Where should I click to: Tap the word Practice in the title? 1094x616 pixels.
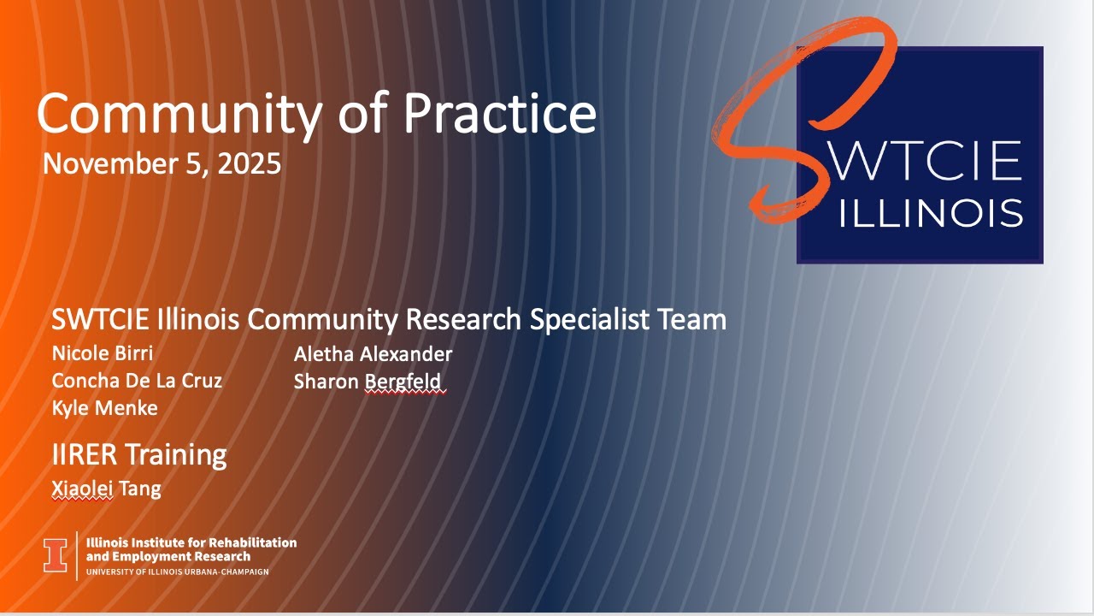500,114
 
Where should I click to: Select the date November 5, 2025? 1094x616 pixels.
162,163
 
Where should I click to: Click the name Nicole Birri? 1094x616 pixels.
103,353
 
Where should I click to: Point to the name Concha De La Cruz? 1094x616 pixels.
137,381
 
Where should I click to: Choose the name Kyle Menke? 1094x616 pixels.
104,408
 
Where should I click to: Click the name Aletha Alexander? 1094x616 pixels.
373,353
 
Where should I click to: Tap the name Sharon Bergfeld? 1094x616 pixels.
369,381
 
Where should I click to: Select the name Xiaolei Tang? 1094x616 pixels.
106,489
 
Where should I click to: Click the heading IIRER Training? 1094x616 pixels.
139,455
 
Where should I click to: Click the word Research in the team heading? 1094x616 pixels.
462,320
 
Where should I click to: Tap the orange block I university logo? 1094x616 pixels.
56,555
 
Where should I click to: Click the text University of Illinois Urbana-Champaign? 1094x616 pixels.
178,572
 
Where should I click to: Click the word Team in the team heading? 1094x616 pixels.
692,320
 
